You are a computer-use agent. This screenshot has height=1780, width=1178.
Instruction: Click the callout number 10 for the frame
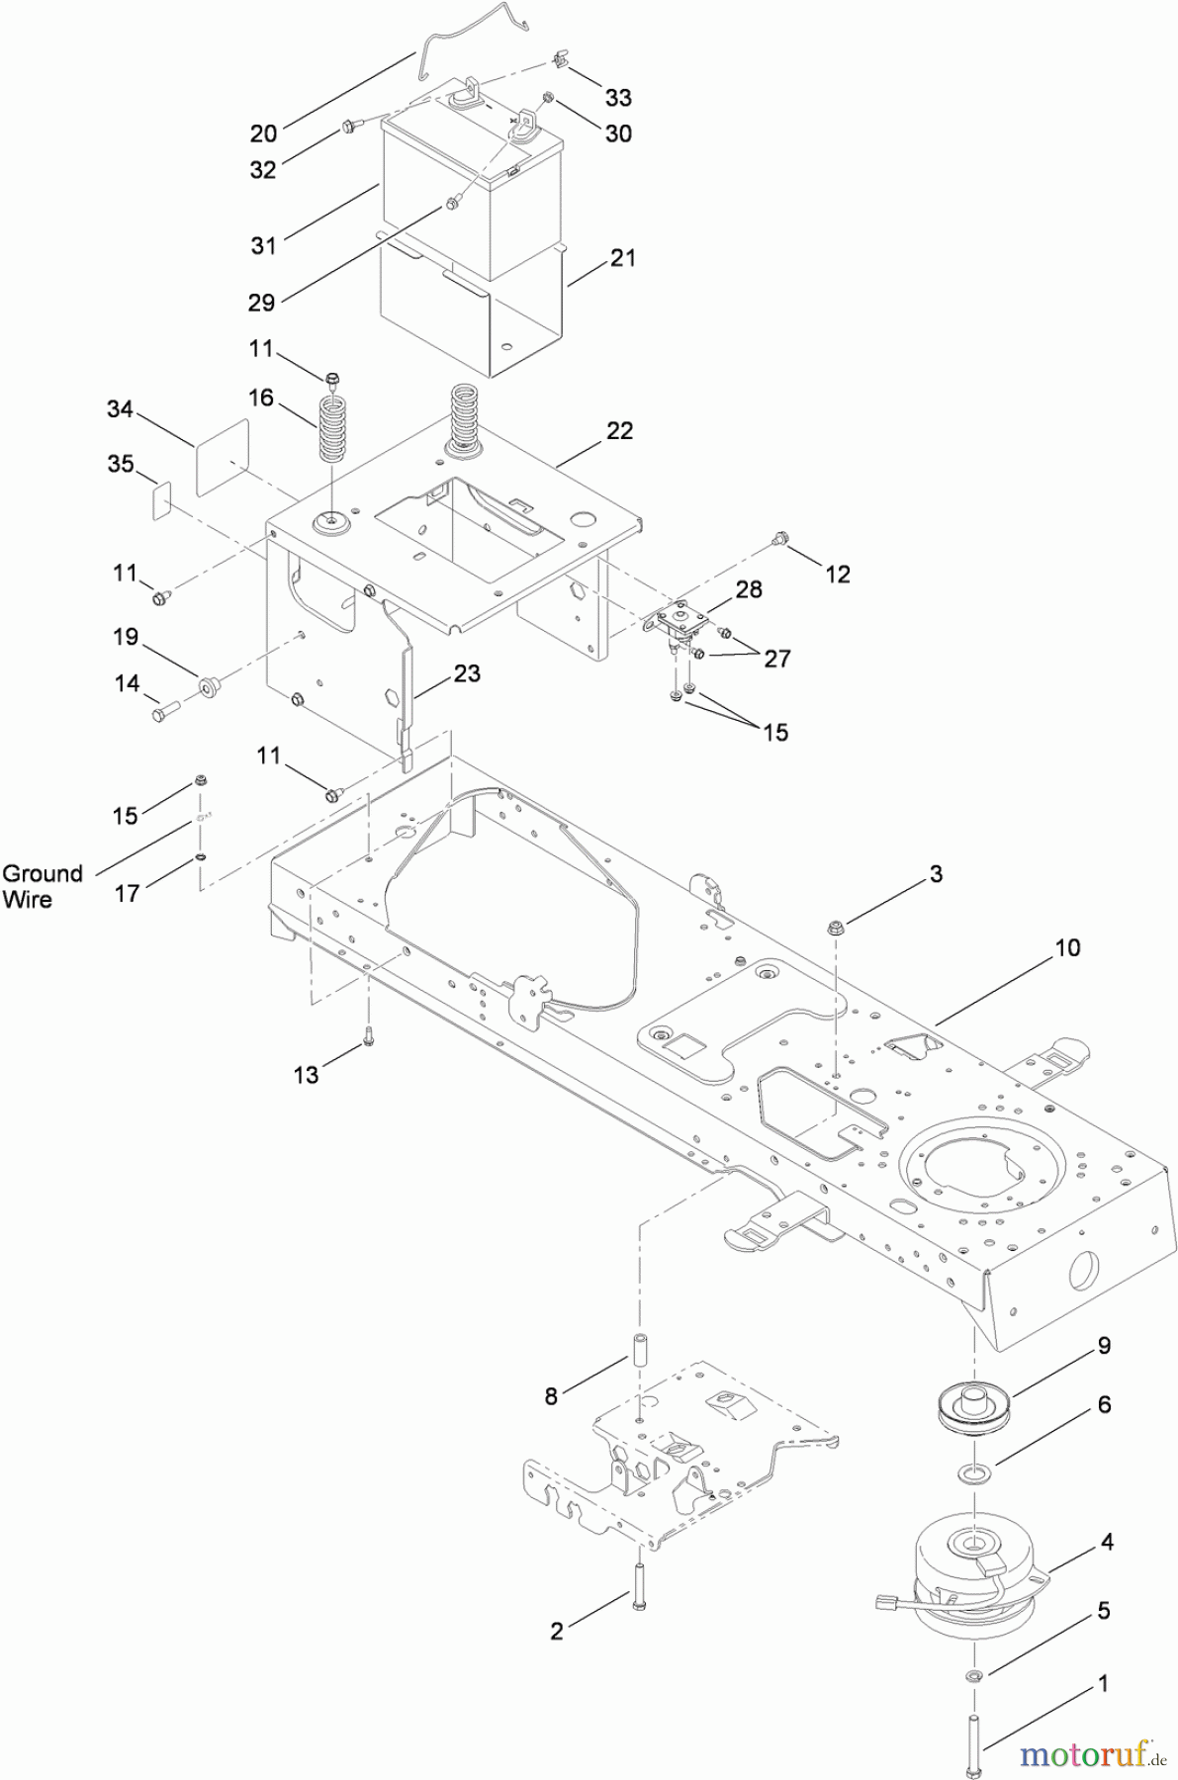[x=1067, y=947]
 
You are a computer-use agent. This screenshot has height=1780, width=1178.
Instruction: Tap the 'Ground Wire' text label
[x=42, y=886]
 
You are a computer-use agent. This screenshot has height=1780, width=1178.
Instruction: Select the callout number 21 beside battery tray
[x=623, y=258]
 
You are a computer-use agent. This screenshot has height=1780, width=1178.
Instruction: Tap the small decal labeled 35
[x=162, y=500]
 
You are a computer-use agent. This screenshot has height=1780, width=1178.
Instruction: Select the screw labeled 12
[x=781, y=539]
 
